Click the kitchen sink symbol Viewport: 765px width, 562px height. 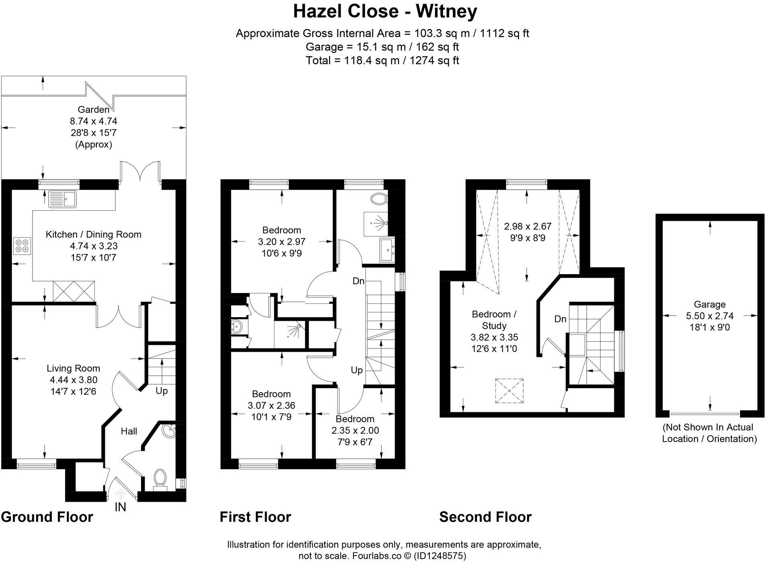pyautogui.click(x=62, y=199)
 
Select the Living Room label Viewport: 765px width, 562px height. pyautogui.click(x=73, y=368)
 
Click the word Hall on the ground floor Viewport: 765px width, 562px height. pyautogui.click(x=129, y=431)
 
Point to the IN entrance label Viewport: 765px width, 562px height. pyautogui.click(x=120, y=507)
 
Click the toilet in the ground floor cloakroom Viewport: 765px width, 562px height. pyautogui.click(x=160, y=478)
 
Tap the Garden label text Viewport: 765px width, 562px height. pyautogui.click(x=93, y=110)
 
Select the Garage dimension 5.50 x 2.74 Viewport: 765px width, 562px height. pyautogui.click(x=710, y=316)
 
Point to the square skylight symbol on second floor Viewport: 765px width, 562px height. pyautogui.click(x=509, y=391)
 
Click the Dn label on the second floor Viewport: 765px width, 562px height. pyautogui.click(x=560, y=319)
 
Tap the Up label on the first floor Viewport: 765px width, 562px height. pyautogui.click(x=356, y=370)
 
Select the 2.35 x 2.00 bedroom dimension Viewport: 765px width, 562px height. pyautogui.click(x=355, y=431)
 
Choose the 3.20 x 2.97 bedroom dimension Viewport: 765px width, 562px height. pyautogui.click(x=281, y=242)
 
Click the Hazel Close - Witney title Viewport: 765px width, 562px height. pyautogui.click(x=385, y=11)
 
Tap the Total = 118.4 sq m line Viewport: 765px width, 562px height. pyautogui.click(x=382, y=61)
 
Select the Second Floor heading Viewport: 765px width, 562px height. pyautogui.click(x=485, y=517)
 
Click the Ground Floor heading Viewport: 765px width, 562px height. pyautogui.click(x=47, y=517)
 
